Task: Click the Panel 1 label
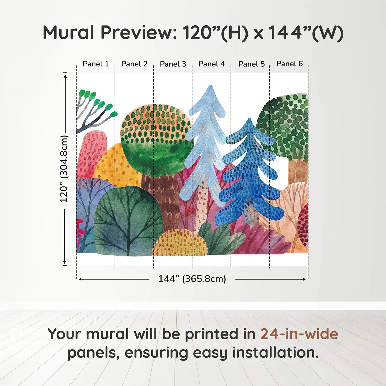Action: click(96, 64)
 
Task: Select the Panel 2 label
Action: click(134, 64)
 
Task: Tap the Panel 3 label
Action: click(173, 64)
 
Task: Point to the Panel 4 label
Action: click(211, 64)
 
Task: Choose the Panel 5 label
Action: click(251, 64)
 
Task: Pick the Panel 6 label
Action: click(289, 64)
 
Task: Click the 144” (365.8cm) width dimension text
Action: click(192, 279)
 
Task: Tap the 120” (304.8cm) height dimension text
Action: click(64, 169)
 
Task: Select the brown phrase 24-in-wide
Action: click(299, 334)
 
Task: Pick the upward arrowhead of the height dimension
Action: click(65, 75)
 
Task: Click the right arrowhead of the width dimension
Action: click(304, 279)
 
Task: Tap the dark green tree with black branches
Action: click(128, 221)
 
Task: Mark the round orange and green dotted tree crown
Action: click(156, 138)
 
